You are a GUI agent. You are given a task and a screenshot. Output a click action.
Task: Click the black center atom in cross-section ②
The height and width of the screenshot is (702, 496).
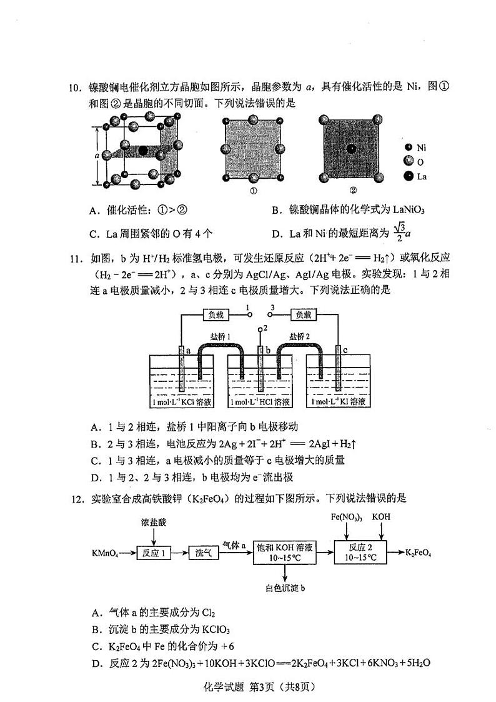click(352, 148)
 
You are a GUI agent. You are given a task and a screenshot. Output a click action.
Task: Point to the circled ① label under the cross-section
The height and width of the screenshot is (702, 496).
click(254, 191)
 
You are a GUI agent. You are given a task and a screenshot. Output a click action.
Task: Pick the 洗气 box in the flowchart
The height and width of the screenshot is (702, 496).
click(204, 553)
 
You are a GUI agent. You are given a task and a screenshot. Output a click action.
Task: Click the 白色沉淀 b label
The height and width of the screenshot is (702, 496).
click(285, 588)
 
